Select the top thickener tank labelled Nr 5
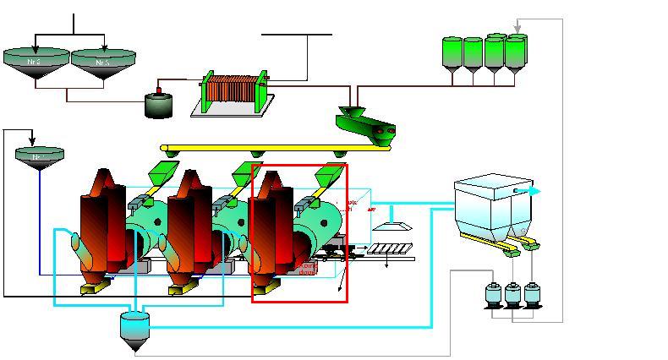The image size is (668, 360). point(103,62)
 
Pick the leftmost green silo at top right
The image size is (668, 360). point(452,54)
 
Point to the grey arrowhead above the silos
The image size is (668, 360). point(517,30)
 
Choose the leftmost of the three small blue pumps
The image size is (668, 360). point(493,295)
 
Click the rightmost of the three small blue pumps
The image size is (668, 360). point(531,295)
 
